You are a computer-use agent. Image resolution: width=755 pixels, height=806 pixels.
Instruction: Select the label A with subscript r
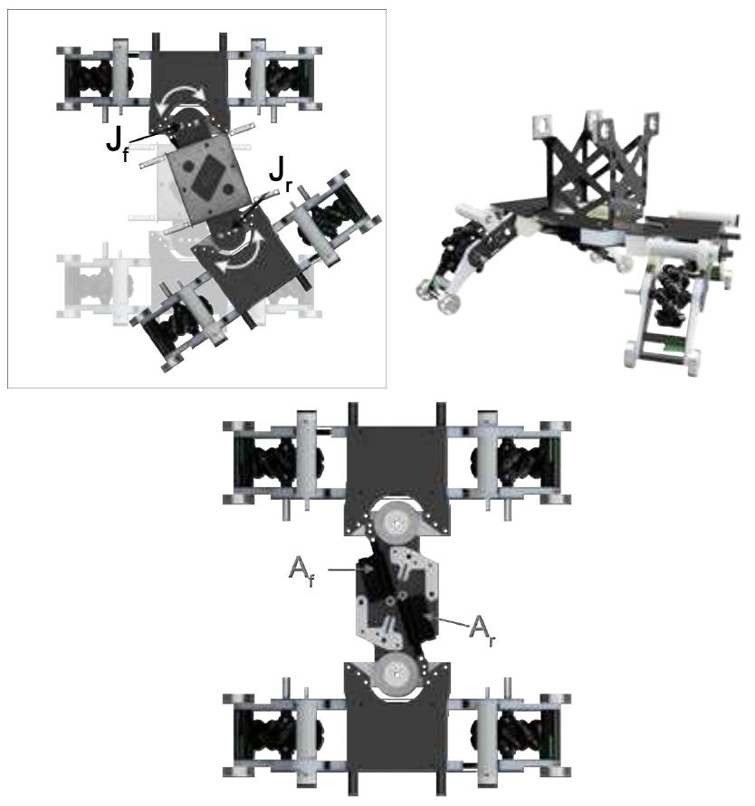pos(479,627)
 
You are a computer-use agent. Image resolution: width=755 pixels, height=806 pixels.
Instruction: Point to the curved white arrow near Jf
pos(192,104)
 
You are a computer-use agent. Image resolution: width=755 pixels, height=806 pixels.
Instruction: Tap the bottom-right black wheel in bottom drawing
pos(516,734)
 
